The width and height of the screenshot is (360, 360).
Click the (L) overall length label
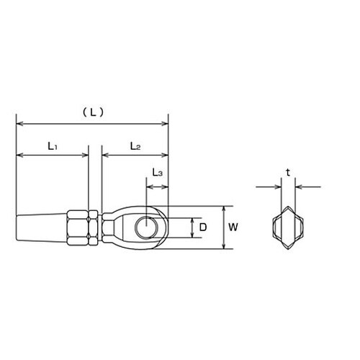[x=92, y=112]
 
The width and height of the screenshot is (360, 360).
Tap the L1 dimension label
[x=53, y=145]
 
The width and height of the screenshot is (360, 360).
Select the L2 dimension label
[x=135, y=145]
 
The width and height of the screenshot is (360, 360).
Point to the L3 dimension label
[x=158, y=174]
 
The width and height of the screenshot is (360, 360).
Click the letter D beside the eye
[x=204, y=228]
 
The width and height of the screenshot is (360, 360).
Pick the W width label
[x=234, y=228]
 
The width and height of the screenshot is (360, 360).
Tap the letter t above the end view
[x=287, y=172]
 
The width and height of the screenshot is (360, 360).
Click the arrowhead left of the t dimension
[x=276, y=187]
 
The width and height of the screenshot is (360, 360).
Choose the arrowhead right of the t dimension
[x=298, y=187]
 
